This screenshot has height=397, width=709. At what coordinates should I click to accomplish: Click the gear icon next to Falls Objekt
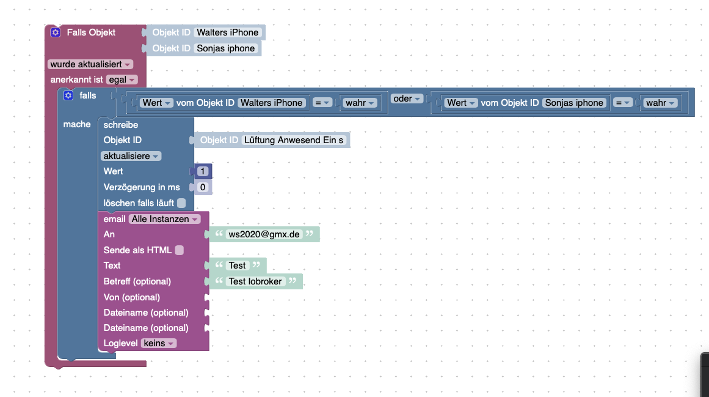pos(55,32)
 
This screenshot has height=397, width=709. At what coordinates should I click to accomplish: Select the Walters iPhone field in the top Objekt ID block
pos(227,32)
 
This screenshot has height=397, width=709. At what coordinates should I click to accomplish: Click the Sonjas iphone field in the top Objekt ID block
pos(225,48)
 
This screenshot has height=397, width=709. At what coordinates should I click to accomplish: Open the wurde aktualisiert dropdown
pos(90,64)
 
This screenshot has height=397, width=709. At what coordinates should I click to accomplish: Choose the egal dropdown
pos(122,80)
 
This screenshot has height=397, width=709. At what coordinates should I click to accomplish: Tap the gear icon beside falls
pos(68,95)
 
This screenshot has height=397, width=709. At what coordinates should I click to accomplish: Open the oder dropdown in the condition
pos(407,98)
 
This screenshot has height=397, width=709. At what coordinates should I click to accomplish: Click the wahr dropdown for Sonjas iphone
pos(660,103)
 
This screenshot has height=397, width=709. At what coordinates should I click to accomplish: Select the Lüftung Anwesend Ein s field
pos(294,140)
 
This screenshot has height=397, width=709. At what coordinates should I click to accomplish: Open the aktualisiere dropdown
pos(131,156)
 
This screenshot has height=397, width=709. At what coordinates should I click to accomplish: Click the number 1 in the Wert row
pos(203,171)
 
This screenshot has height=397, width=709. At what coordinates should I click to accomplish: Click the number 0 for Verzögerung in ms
pos(203,187)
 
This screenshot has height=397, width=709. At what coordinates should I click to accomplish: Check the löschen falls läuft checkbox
pos(181,203)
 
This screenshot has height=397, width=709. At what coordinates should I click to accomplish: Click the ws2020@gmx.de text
pos(264,234)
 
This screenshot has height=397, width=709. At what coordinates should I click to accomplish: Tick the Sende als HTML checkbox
pos(180,250)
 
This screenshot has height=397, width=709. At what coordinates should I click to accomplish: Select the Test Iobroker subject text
pos(255,281)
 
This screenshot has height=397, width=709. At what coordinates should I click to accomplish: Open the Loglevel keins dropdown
pos(159,344)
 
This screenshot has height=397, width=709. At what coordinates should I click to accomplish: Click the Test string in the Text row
pos(238,265)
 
